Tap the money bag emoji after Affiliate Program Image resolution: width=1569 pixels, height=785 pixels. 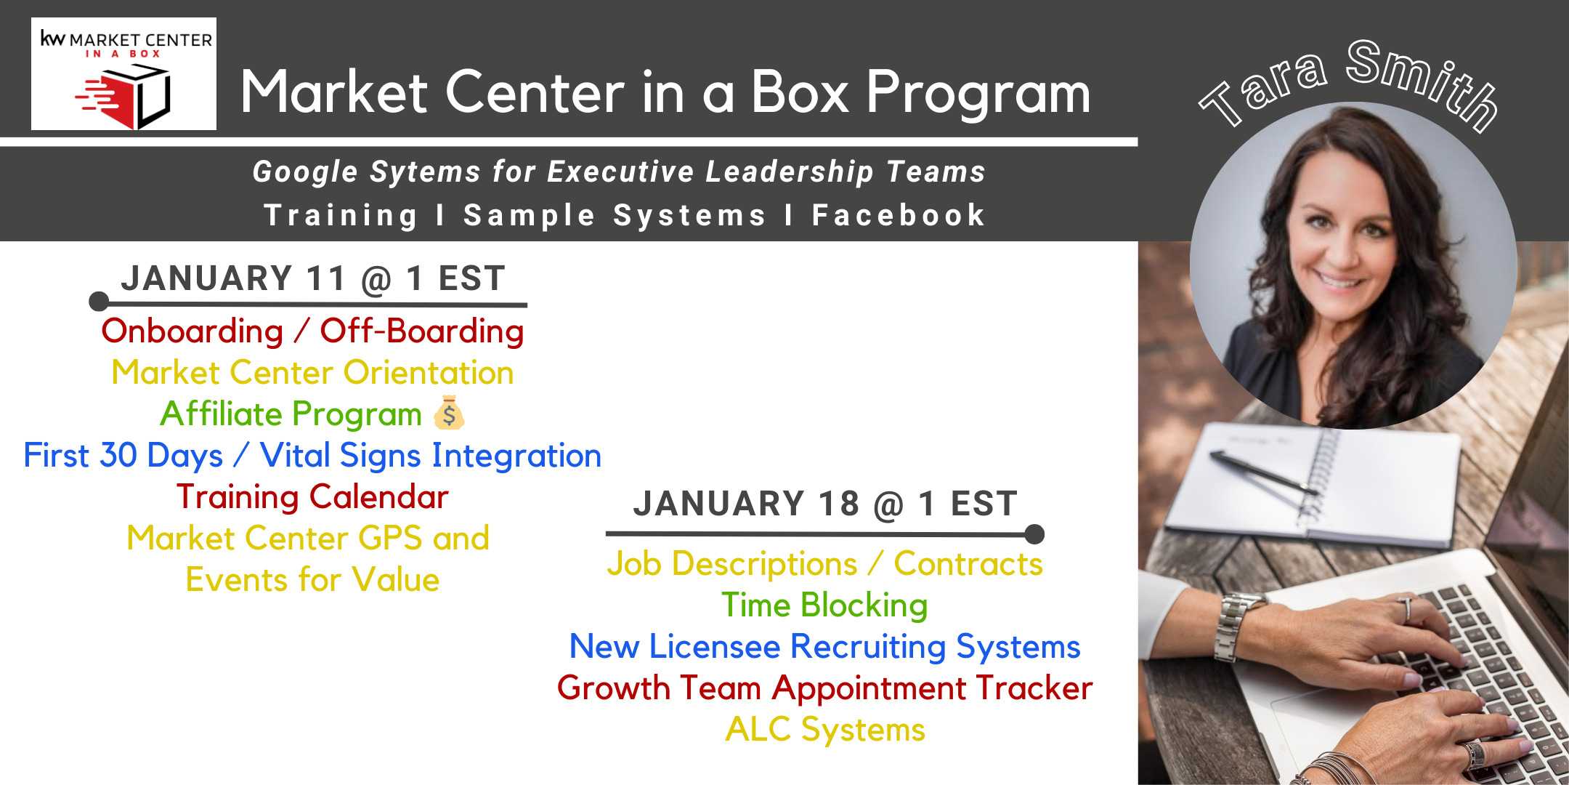(x=449, y=413)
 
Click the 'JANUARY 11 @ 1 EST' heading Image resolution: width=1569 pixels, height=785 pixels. (x=313, y=278)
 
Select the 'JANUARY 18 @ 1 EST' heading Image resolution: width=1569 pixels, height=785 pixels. (x=825, y=504)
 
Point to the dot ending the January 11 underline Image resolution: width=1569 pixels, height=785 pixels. (x=99, y=302)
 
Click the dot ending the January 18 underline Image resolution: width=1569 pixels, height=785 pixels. (x=1034, y=534)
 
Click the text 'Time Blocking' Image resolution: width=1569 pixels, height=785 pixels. (x=824, y=605)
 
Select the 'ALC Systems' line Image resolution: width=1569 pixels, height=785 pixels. (x=825, y=729)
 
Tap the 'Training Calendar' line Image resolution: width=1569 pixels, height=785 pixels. (x=312, y=497)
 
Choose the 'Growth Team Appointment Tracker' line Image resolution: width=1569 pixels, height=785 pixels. (x=824, y=688)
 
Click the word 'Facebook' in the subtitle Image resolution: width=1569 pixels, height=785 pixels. (x=899, y=215)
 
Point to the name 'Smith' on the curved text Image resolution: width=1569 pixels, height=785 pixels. (x=1424, y=84)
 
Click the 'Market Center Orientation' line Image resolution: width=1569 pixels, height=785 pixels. (x=312, y=372)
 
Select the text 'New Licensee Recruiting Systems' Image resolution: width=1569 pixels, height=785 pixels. (x=824, y=647)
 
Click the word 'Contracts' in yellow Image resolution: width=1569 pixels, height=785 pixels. (x=968, y=564)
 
